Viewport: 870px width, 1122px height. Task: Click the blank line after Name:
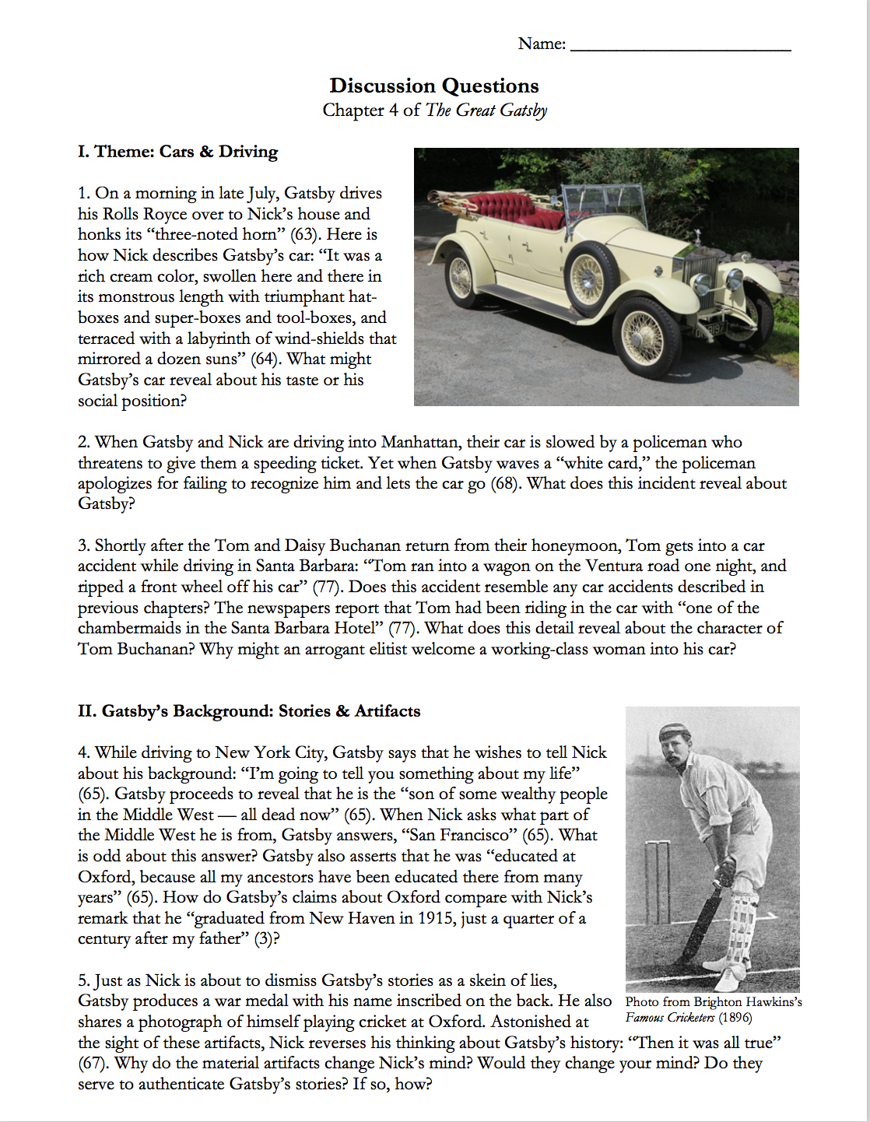tap(681, 47)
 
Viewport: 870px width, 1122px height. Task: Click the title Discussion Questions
tap(434, 86)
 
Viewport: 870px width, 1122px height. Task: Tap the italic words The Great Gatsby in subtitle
tap(486, 110)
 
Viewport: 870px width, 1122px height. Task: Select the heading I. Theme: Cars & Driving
tap(177, 152)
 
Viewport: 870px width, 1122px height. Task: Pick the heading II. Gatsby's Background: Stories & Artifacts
tap(249, 711)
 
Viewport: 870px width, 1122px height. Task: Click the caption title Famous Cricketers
tap(669, 1018)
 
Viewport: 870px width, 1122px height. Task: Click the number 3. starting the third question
tap(84, 546)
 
